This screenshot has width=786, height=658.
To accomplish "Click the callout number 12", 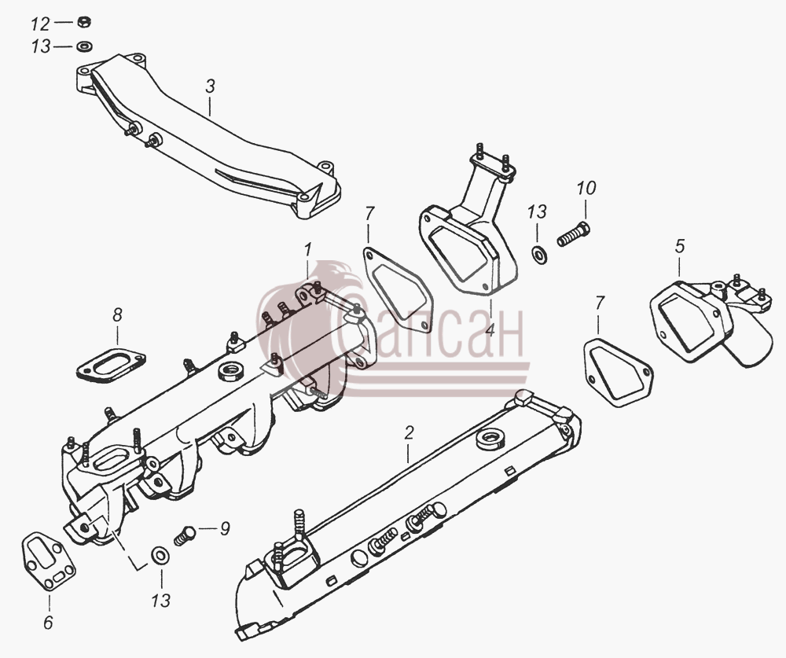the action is click(41, 24).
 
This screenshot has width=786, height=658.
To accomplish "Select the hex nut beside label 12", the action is click(84, 22).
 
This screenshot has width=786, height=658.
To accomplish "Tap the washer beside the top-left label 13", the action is click(84, 46).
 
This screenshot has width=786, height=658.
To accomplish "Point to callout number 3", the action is click(210, 86).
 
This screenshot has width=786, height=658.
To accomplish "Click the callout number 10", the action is click(586, 188).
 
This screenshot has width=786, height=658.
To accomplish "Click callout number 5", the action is click(679, 246).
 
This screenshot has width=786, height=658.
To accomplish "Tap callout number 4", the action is click(489, 330).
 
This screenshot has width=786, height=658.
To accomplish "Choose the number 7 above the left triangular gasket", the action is click(369, 213).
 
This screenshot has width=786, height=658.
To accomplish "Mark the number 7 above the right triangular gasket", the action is click(600, 303).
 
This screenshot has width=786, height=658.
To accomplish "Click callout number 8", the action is click(117, 315).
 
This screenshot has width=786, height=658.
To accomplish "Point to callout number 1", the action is click(308, 248).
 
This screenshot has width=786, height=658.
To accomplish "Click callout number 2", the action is click(409, 432).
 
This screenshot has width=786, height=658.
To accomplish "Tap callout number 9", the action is click(225, 528).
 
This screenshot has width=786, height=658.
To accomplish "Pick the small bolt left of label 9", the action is click(185, 535).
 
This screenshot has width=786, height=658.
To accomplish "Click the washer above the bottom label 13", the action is click(160, 555).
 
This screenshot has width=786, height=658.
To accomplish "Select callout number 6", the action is click(48, 623).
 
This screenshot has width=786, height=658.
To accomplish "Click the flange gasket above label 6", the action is click(49, 561).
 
